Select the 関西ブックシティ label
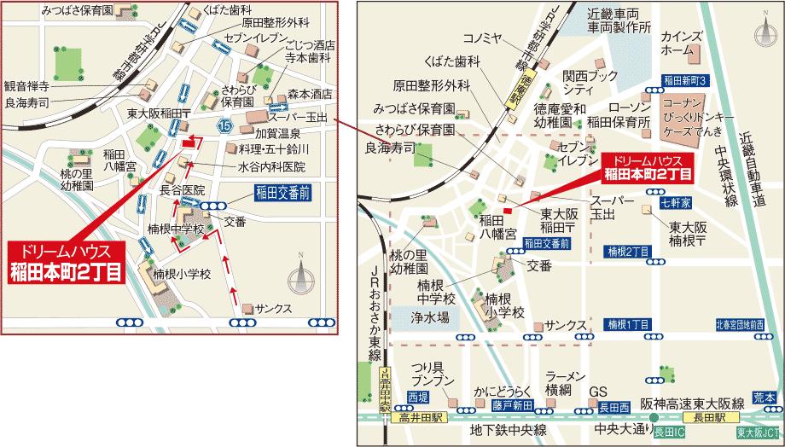590,83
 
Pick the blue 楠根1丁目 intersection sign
629,325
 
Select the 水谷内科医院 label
271,166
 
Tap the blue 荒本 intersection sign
762,398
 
